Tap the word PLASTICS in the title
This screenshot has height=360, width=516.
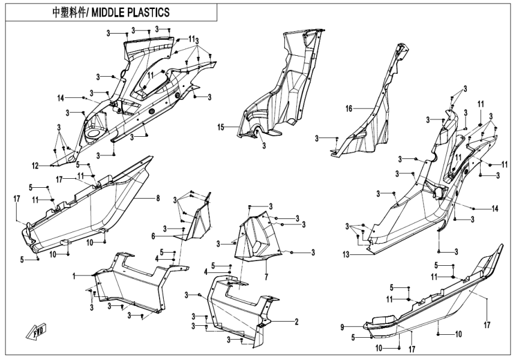coord(149,12)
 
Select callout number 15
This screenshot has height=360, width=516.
coord(221,127)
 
